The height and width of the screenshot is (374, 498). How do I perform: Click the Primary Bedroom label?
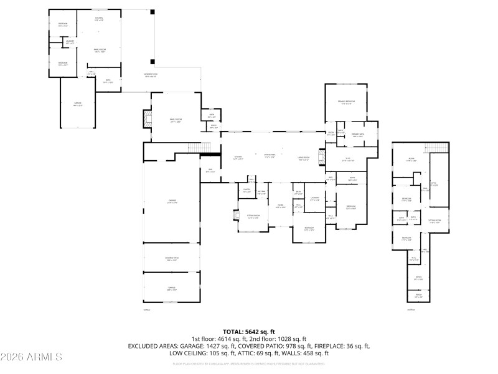(x=346, y=102)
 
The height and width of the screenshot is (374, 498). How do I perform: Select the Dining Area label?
(x=269, y=155)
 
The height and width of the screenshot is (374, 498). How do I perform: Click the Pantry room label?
(x=247, y=191)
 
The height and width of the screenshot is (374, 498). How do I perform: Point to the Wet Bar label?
(x=262, y=192)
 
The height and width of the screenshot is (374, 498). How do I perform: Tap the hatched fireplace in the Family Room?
(x=147, y=120)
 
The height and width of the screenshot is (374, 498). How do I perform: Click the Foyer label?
(x=280, y=206)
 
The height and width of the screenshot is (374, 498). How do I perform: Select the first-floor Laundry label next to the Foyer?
(x=314, y=199)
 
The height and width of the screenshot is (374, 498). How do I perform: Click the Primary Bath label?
(x=357, y=135)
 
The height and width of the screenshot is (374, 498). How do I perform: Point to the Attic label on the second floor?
(x=435, y=183)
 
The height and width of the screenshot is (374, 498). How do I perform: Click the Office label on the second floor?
(x=418, y=278)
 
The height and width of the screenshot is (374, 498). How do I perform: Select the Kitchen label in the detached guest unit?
(x=98, y=19)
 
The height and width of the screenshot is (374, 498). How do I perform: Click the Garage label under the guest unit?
(x=77, y=105)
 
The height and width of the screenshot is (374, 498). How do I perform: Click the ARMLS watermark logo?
(x=31, y=357)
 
